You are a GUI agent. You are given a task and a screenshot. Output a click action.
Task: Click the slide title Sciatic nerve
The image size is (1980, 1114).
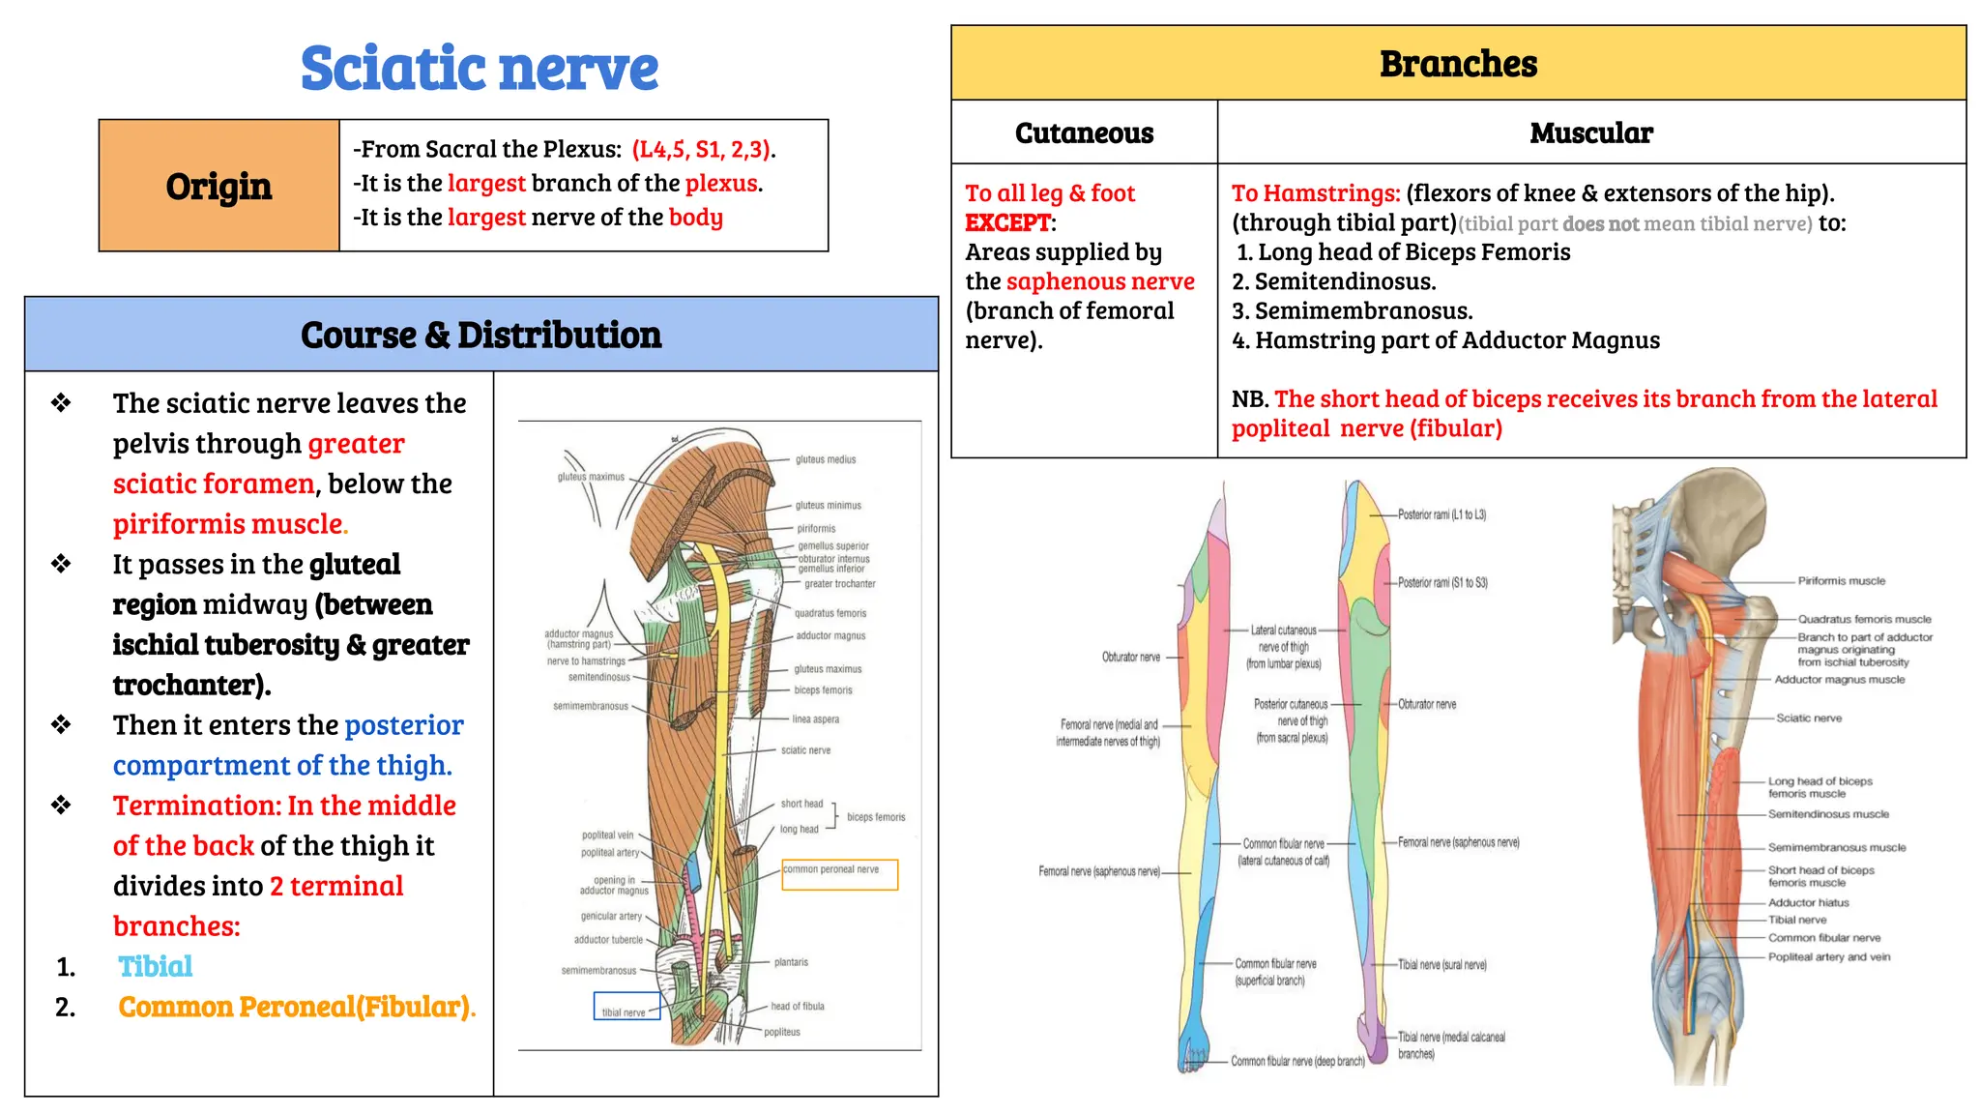coord(480,69)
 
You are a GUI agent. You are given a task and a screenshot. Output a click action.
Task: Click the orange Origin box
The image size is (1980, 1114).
coord(218,186)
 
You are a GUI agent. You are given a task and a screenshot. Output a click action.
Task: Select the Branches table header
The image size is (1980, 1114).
coord(1458,64)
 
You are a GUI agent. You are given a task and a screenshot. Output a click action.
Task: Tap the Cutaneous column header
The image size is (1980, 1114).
coord(1084,132)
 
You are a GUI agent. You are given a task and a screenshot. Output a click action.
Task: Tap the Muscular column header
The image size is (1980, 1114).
coord(1591,132)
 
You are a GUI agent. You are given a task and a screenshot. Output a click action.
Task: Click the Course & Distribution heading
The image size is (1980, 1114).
coord(480,335)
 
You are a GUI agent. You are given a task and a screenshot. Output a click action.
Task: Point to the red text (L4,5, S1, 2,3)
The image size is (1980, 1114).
coord(702,149)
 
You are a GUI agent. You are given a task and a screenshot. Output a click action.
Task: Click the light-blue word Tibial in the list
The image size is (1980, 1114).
coord(155,966)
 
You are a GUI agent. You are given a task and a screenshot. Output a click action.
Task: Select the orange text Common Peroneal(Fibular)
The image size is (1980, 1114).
coord(296,1007)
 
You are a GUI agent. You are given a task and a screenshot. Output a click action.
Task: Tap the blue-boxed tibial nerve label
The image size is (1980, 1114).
coord(625,1011)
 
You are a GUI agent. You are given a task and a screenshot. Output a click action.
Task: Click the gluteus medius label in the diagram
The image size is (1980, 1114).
coord(826,459)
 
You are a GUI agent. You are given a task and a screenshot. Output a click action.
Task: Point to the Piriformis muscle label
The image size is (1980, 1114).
coord(1841,581)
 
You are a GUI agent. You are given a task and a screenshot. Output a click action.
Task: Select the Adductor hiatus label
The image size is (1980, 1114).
coord(1808,902)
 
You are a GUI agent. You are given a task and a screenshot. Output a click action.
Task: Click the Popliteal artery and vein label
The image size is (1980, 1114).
coord(1829,956)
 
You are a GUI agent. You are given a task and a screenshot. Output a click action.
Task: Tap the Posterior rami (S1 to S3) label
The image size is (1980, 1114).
coord(1442,582)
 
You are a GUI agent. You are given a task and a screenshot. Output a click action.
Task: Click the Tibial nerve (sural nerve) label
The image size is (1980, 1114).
coord(1441,964)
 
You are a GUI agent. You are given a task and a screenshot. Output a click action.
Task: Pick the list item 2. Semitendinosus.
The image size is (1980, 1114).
coord(1334,281)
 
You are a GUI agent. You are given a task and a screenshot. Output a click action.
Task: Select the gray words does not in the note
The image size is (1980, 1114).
coord(1601,224)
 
